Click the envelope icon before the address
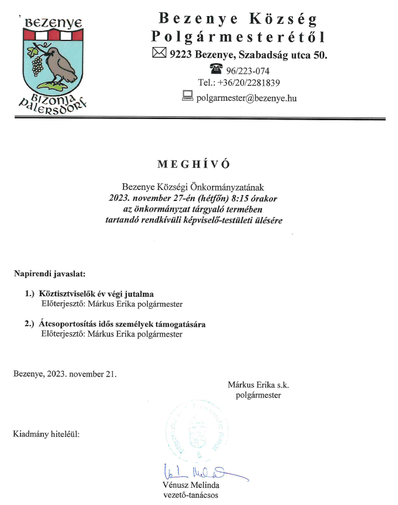click(x=159, y=54)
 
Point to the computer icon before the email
click(x=187, y=96)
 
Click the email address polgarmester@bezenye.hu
click(x=246, y=97)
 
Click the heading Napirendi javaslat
click(x=49, y=273)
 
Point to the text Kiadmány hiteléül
click(x=46, y=434)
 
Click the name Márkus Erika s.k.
click(x=259, y=384)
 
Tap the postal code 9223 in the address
click(x=181, y=54)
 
